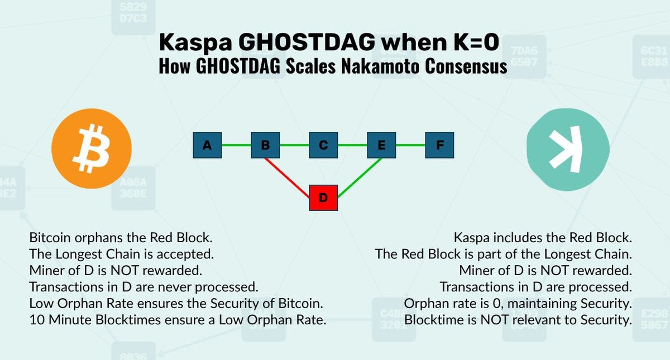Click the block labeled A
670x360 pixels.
207,145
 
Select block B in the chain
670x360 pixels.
265,145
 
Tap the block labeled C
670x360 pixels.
323,145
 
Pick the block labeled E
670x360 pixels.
381,145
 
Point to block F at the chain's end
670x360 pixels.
439,145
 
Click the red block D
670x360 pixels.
323,198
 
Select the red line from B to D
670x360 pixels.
287,178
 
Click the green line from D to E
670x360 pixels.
360,178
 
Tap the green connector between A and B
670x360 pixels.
236,145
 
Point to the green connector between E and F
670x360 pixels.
410,145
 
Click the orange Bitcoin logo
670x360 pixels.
92,148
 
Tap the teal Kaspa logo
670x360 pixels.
568,150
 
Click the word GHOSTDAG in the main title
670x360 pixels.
307,42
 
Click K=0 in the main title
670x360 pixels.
476,42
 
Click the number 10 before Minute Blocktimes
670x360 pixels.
37,320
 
